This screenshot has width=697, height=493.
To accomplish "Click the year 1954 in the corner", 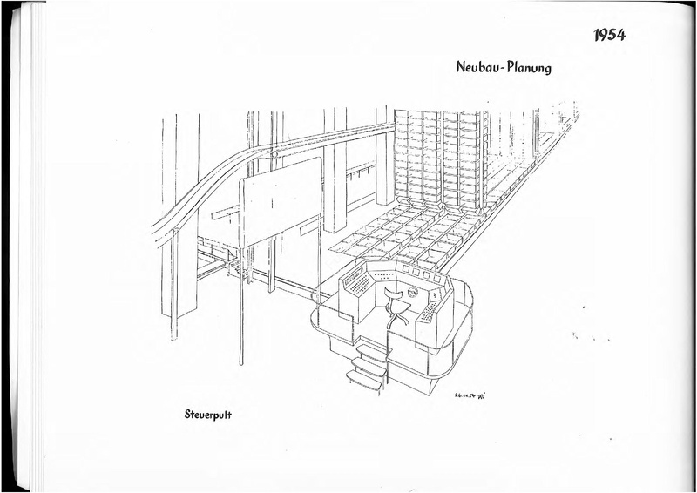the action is (610, 36).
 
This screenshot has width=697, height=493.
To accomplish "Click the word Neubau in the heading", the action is (478, 67).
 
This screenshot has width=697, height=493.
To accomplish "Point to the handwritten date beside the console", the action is (470, 395).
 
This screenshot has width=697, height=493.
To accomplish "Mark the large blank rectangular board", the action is (281, 201).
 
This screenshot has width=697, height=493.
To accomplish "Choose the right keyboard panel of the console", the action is (430, 310).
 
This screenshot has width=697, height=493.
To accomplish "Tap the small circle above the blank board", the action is (274, 155).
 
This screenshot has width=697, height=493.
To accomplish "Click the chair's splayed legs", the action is (397, 317).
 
